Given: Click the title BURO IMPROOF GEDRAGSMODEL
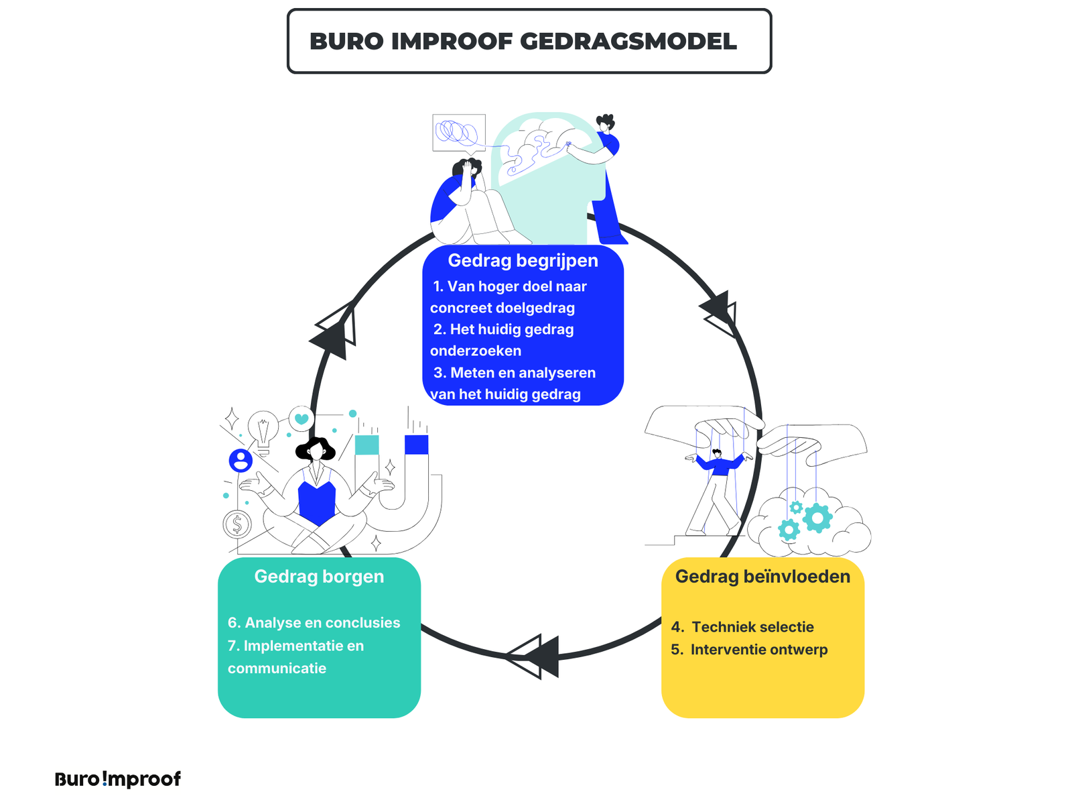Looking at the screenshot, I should (523, 42).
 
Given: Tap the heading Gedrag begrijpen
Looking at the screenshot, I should (523, 260).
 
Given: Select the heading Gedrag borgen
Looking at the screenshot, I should (319, 576).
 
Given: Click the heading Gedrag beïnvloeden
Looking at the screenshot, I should (762, 576).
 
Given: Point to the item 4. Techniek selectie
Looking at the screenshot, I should (742, 627).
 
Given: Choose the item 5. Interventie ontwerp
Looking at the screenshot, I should (749, 649).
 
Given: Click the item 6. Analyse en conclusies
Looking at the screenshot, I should (314, 622).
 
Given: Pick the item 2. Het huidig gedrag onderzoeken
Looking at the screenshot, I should (503, 340).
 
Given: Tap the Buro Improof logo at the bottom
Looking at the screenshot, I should (118, 779).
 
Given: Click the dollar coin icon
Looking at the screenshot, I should (237, 524).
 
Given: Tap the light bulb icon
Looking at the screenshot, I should (263, 428).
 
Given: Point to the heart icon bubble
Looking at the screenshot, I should (301, 418).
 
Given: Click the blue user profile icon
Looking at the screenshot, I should (241, 460).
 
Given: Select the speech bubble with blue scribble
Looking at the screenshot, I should (458, 132).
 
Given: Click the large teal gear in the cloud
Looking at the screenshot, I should (817, 518).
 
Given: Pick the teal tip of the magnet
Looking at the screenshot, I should (366, 445).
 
